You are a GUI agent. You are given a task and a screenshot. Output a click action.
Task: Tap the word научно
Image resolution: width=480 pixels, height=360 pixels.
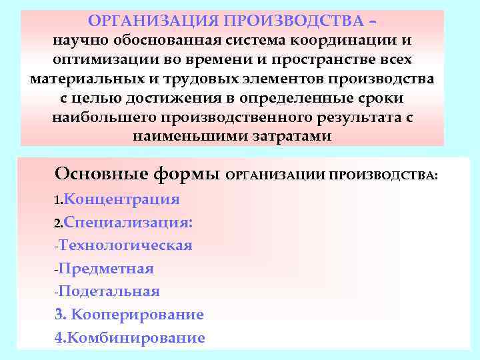tap(77, 41)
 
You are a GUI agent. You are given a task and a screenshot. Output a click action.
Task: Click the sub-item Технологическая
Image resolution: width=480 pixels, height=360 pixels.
tap(125, 245)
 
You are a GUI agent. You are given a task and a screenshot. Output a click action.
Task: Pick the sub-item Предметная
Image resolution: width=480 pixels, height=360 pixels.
tap(106, 269)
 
